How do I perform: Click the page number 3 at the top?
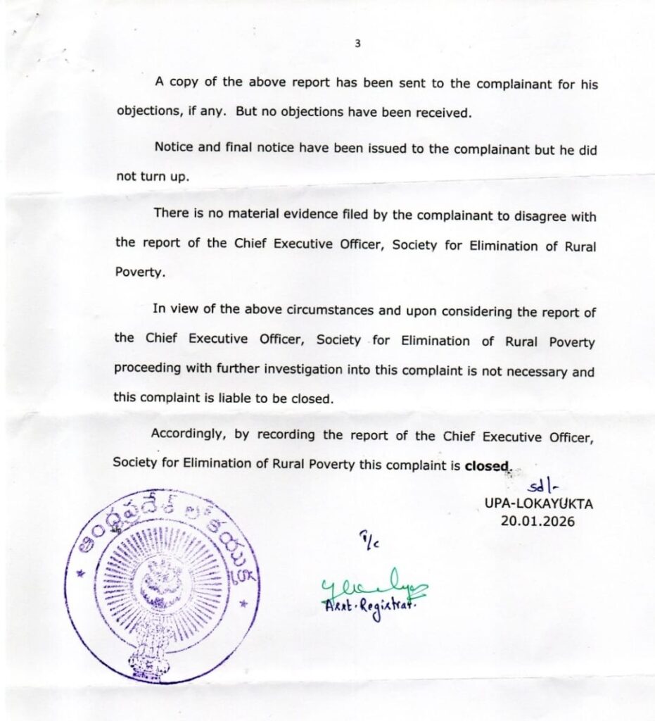357,44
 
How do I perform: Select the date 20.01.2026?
538,521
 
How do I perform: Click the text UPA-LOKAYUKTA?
538,504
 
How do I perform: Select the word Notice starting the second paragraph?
173,149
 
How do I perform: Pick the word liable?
234,398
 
